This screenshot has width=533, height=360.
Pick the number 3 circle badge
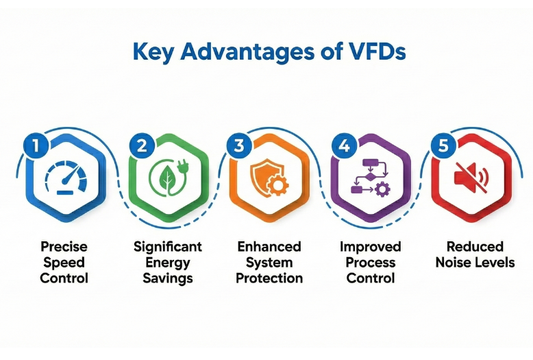pyautogui.click(x=238, y=145)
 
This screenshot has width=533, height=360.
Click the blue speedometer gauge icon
pyautogui.click(x=65, y=178)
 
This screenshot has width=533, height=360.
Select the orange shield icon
pyautogui.click(x=264, y=177)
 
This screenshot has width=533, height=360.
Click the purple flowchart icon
pyautogui.click(x=371, y=177)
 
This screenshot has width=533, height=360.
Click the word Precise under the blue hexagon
pyautogui.click(x=64, y=246)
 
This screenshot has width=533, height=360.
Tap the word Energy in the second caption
pyautogui.click(x=168, y=262)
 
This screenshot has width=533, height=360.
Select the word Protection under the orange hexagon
pyautogui.click(x=269, y=278)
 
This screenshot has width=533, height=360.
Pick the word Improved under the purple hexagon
pyautogui.click(x=371, y=246)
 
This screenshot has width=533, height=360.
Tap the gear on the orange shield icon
pyautogui.click(x=276, y=186)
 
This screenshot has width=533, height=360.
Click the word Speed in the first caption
pyautogui.click(x=64, y=262)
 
